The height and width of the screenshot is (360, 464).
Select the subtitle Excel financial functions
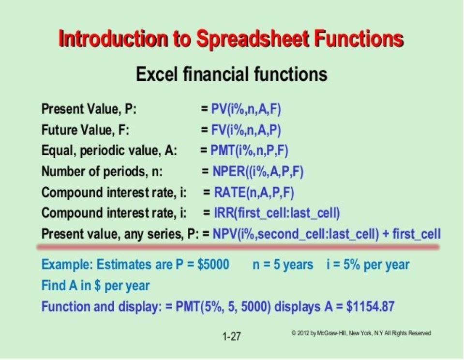pos(232,74)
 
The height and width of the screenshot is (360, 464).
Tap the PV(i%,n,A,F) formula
pos(246,109)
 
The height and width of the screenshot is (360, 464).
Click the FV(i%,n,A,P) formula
pos(246,130)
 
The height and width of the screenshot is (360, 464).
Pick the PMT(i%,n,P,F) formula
pos(249,150)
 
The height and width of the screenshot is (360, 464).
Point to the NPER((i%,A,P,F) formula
pos(258,172)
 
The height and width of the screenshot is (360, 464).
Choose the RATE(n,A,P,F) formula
pos(254,193)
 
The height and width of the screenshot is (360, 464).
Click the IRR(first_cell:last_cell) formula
pos(277,213)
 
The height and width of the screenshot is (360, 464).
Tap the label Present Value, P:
pos(89,109)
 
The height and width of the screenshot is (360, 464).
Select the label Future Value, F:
pos(86,130)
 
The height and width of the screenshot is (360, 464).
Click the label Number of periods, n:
pos(102,172)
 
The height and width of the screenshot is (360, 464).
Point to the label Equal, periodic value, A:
pos(109,151)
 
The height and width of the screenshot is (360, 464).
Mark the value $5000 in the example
pos(213,264)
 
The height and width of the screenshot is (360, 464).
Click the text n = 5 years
pos(283,265)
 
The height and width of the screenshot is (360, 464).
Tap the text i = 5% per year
pos(368,265)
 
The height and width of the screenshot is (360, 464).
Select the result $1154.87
pos(370,306)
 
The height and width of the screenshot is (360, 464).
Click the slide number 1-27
pos(232,337)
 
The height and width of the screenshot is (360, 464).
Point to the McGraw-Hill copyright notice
pos(361,333)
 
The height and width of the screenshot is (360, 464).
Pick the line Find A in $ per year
pos(96,285)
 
